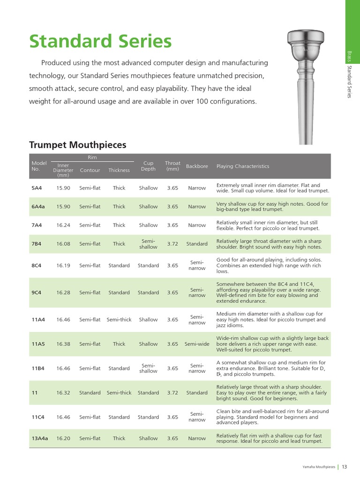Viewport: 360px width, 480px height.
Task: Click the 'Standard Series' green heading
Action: (100, 42)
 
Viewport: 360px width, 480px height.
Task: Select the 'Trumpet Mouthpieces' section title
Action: (78, 145)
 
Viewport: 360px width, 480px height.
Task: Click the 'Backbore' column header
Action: (197, 166)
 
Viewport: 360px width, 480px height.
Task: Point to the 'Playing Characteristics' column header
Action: (243, 166)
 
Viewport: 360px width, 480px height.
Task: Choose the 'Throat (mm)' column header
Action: (172, 166)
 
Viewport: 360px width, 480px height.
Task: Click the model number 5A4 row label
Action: (37, 188)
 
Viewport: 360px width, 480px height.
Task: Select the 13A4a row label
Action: (40, 438)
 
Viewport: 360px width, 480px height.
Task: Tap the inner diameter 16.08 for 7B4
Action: (63, 244)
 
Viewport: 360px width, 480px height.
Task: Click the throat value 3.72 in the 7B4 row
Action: (172, 244)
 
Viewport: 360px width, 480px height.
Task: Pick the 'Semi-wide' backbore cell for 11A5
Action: (197, 344)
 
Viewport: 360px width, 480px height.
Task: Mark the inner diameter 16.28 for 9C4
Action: (63, 292)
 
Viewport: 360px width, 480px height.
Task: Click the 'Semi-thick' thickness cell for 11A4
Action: (119, 320)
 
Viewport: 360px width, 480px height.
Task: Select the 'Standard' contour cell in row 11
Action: (90, 393)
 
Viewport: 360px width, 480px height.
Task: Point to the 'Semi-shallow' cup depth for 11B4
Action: (148, 368)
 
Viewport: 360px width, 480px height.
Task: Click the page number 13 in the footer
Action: (345, 466)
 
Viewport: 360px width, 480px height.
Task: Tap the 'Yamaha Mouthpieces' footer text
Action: (319, 467)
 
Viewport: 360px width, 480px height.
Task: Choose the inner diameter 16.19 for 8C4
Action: (63, 265)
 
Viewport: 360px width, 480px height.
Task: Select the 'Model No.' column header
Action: (39, 166)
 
